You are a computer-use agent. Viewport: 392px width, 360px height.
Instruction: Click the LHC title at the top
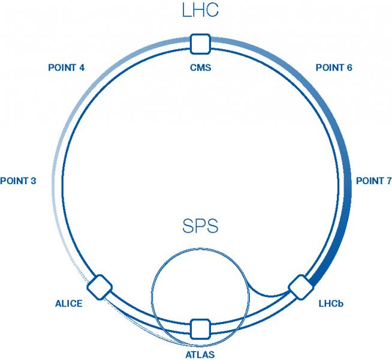[200, 11]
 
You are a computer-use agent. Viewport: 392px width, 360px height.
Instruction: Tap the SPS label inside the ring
[200, 227]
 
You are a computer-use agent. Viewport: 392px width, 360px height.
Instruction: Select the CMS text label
[200, 67]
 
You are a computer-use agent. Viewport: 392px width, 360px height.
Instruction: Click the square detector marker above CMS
[200, 44]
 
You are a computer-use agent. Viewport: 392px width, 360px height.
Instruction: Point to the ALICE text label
[68, 304]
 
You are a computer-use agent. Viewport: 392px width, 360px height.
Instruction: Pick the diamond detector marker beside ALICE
[99, 287]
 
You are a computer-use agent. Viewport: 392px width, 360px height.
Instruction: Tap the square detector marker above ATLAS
[200, 329]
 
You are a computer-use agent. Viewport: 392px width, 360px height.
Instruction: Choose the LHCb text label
[331, 304]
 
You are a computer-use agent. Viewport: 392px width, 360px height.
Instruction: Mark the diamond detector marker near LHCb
[299, 287]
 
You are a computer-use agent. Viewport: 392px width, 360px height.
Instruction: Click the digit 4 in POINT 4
[81, 67]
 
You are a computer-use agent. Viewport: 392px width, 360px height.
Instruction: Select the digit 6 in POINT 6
[349, 67]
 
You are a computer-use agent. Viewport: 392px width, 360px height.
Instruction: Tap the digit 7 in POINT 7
[388, 181]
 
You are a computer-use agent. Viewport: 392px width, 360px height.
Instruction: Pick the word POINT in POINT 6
[329, 67]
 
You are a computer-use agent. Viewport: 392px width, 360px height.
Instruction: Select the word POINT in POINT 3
[14, 181]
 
